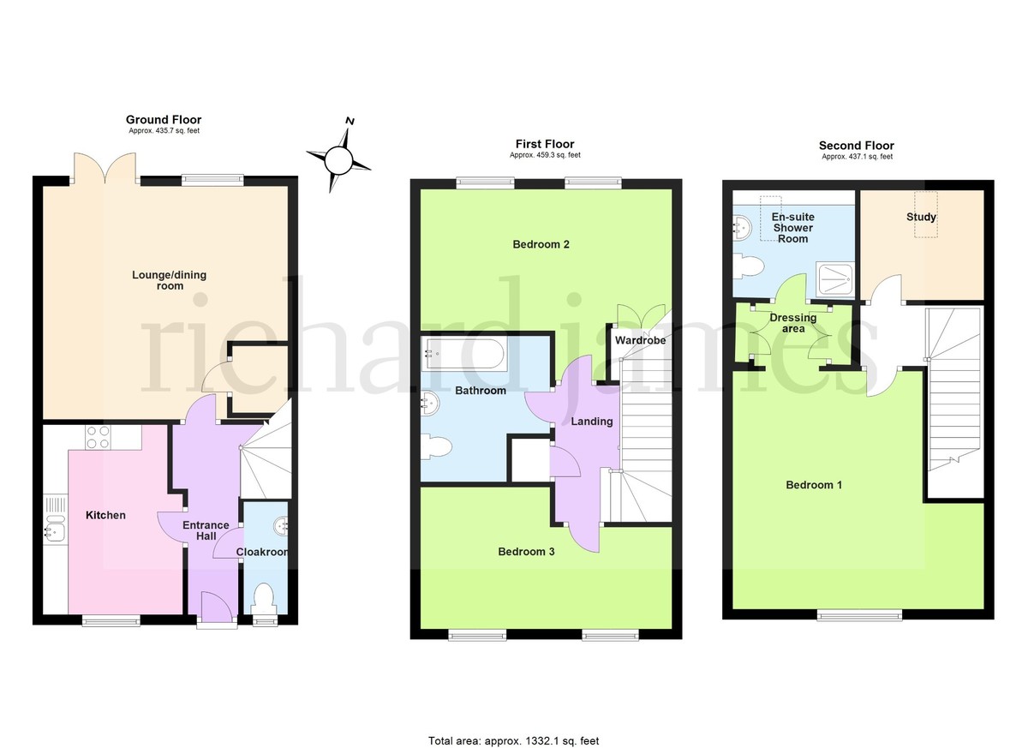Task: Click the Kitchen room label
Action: (105, 515)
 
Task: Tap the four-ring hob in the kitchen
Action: (99, 437)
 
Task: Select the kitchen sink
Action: (55, 527)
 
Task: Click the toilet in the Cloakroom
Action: (264, 597)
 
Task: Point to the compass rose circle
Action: (338, 161)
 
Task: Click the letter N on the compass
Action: (350, 121)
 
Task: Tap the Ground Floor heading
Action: (164, 120)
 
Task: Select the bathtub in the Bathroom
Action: (465, 353)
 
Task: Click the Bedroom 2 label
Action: (541, 244)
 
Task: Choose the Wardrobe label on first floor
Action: (640, 340)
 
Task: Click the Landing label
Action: (592, 422)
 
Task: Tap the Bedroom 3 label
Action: (526, 551)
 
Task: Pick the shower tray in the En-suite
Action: (834, 279)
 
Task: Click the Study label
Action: (921, 217)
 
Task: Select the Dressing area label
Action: (793, 323)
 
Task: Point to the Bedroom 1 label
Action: (814, 485)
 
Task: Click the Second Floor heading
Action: (857, 146)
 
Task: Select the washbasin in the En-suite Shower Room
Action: (743, 228)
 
